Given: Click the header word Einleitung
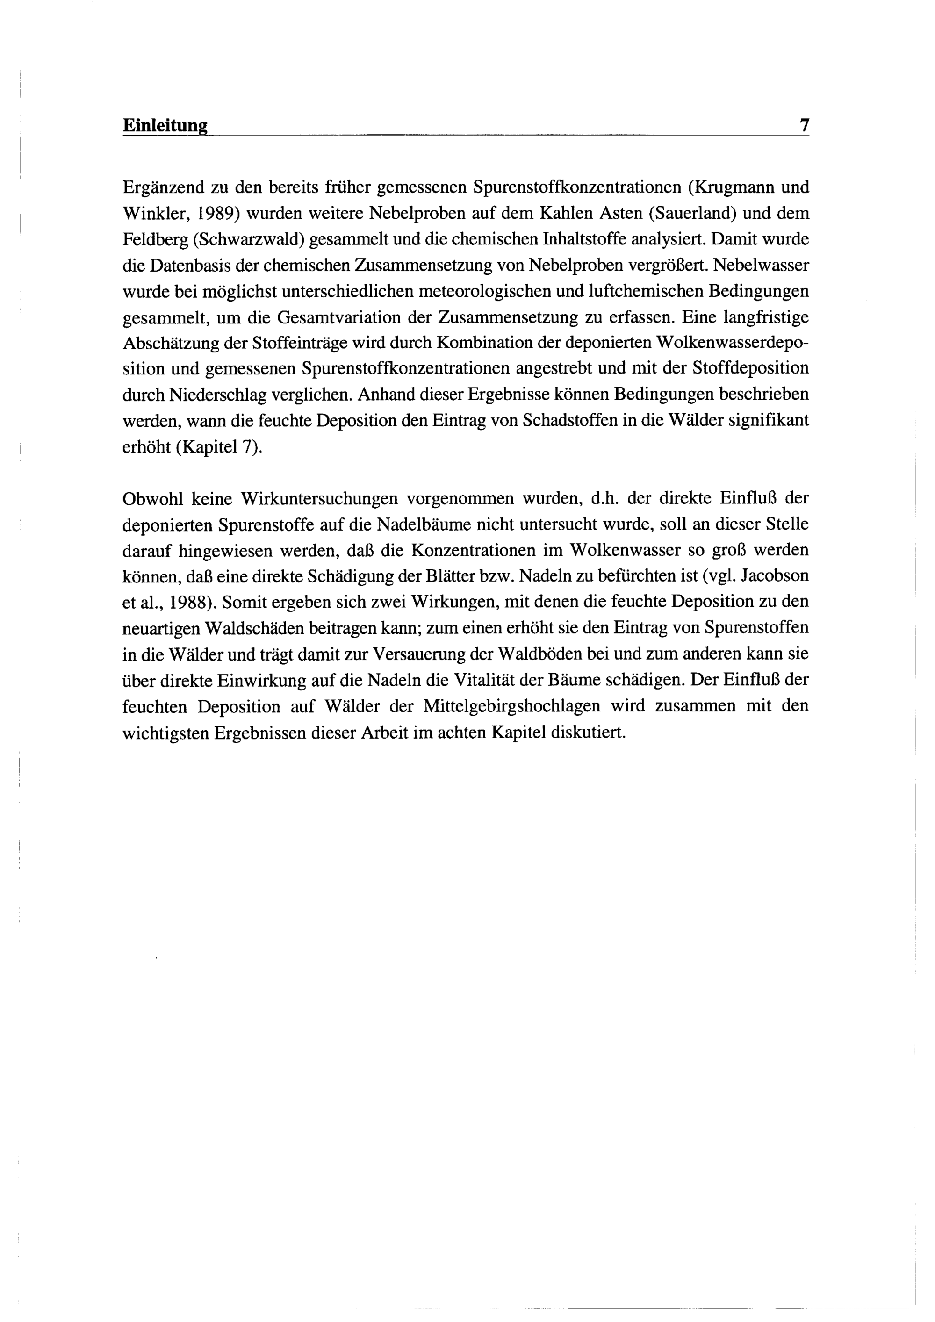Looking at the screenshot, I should tap(165, 126).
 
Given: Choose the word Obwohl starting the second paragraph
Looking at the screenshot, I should tap(151, 499).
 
